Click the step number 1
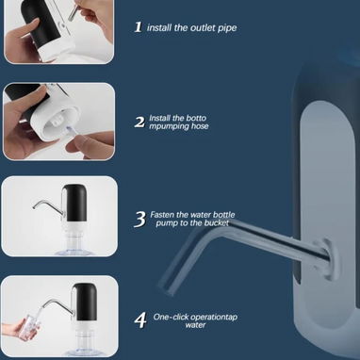(139, 27)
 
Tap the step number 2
(139, 122)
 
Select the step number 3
(139, 219)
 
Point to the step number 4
(140, 320)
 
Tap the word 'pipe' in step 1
(227, 28)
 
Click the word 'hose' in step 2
(200, 126)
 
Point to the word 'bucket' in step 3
(216, 223)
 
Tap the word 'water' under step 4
(195, 325)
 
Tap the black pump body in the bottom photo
(84, 302)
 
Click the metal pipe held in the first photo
(74, 12)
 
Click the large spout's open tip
(165, 289)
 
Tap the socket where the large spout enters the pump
(328, 258)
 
